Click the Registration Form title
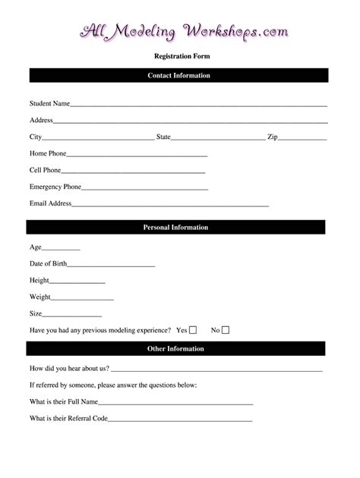[182, 56]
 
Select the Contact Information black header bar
[178, 76]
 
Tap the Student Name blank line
[198, 105]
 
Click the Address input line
[190, 121]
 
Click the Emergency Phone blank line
[144, 189]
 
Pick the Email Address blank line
[170, 206]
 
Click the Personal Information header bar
[175, 228]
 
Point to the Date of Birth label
[48, 264]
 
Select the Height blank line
[77, 282]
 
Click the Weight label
[40, 297]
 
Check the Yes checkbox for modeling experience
[193, 330]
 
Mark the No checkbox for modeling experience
[226, 330]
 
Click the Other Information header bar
[175, 349]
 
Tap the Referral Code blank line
[180, 420]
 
